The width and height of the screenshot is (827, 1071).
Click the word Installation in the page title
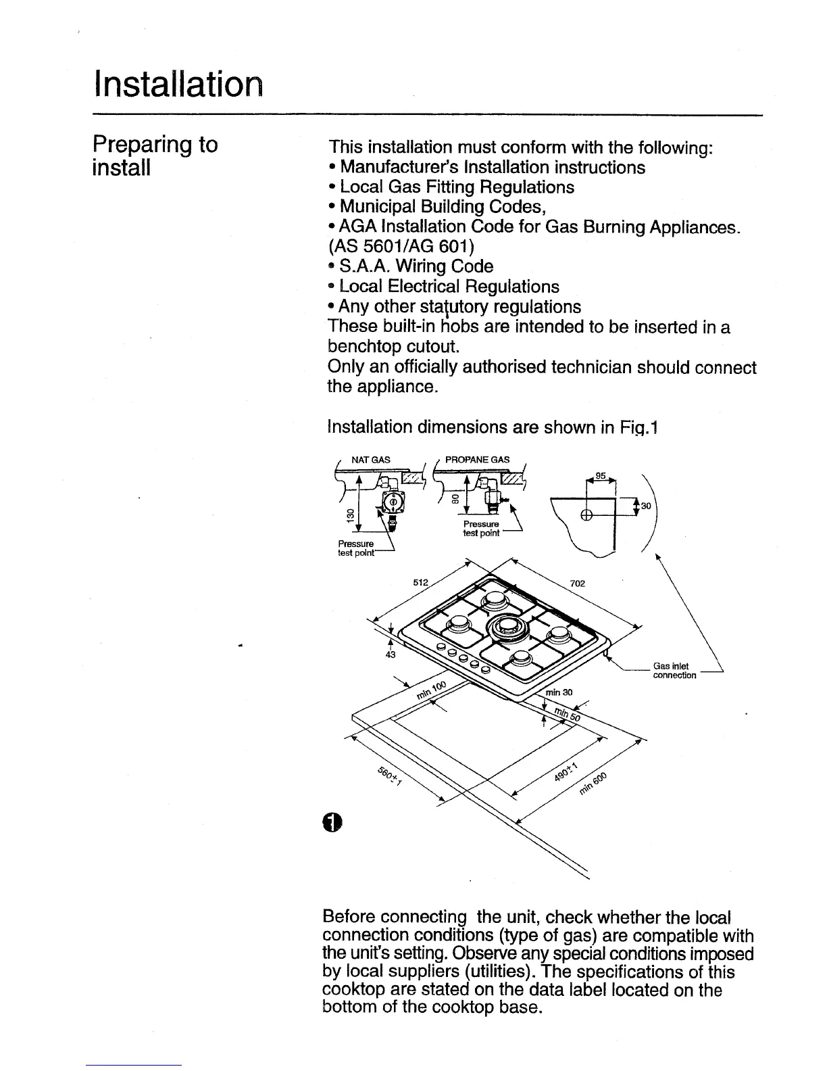pos(176,85)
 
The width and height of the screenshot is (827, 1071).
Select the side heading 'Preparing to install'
pos(155,156)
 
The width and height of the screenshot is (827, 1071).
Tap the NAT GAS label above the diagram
pos(370,460)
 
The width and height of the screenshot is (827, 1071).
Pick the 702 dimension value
pos(577,584)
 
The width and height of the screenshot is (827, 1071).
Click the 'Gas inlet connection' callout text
pos(674,671)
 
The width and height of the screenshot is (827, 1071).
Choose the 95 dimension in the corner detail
pos(598,477)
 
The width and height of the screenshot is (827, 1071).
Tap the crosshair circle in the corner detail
pos(586,515)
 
